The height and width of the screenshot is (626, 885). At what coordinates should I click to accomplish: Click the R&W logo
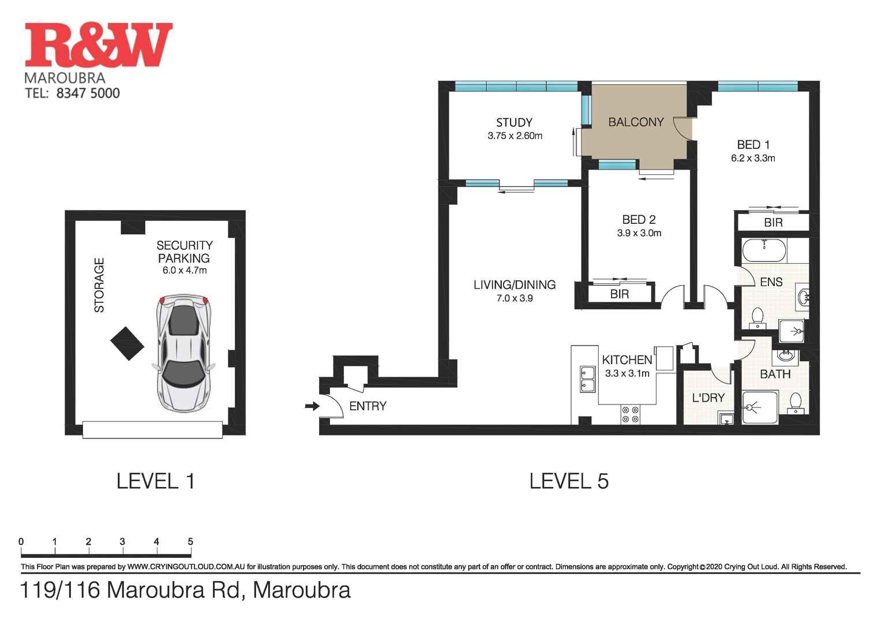click(99, 45)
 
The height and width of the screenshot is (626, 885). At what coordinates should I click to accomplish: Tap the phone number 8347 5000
click(88, 93)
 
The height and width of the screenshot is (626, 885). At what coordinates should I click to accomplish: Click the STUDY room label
click(514, 122)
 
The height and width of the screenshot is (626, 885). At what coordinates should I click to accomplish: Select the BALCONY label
click(636, 122)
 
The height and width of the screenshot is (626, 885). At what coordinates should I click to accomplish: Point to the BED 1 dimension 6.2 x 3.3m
click(753, 158)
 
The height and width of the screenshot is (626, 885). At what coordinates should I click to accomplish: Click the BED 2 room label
click(639, 220)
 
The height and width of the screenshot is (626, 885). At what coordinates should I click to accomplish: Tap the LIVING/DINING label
click(514, 284)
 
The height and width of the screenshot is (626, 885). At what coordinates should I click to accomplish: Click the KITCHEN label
click(627, 360)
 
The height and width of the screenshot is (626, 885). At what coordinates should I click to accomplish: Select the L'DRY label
click(707, 398)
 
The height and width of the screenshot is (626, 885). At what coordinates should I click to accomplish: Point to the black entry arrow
click(312, 406)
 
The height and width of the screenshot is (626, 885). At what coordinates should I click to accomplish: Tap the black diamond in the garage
click(127, 343)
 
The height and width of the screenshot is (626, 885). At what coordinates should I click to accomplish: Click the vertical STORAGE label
click(99, 285)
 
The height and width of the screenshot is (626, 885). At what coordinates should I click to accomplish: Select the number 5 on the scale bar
click(190, 542)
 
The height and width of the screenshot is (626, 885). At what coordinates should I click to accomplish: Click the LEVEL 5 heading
click(569, 481)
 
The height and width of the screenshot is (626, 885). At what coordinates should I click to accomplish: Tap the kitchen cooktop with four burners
click(630, 414)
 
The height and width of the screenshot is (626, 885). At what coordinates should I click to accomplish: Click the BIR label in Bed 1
click(772, 223)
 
